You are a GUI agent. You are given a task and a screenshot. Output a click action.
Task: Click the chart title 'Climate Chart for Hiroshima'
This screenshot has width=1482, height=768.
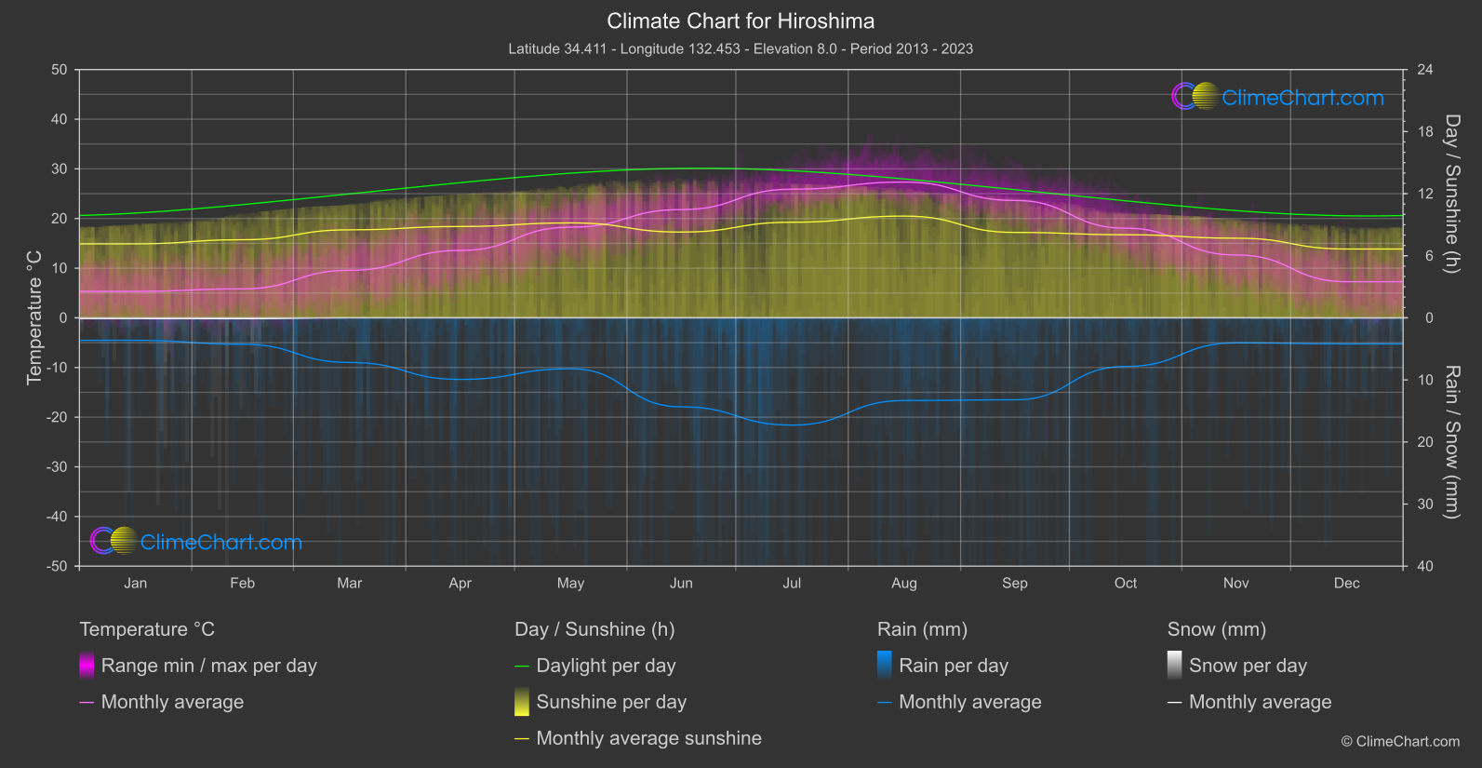tap(741, 20)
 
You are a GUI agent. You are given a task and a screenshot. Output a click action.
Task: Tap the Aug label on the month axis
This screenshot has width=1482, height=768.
tap(903, 583)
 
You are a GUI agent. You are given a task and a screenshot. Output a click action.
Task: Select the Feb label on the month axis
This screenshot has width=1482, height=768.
tap(242, 583)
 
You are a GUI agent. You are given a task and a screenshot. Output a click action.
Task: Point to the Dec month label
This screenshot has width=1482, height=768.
tap(1346, 583)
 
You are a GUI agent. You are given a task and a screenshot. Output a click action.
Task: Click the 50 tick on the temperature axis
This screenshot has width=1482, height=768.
tap(60, 70)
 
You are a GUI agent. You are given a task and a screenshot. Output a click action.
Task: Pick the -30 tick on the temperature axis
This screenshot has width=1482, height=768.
tap(57, 466)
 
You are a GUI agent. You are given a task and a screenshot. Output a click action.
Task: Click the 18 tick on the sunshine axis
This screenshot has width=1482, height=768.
tap(1425, 131)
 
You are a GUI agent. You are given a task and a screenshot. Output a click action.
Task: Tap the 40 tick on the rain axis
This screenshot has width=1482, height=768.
tap(1425, 566)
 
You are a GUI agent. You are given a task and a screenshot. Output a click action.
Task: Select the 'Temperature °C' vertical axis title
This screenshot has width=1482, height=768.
tap(34, 317)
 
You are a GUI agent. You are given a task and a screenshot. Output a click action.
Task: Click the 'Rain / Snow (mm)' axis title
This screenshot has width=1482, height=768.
tap(1451, 441)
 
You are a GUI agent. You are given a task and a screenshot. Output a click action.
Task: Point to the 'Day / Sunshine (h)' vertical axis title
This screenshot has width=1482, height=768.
tap(1451, 194)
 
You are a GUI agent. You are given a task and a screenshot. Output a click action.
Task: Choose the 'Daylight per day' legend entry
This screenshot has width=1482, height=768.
tap(606, 666)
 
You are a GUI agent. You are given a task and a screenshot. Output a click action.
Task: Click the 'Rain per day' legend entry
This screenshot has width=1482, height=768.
tap(953, 666)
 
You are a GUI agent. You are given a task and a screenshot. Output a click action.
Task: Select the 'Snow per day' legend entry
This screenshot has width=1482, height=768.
tap(1248, 666)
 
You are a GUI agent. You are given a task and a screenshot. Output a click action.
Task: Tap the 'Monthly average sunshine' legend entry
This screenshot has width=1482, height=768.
tap(648, 738)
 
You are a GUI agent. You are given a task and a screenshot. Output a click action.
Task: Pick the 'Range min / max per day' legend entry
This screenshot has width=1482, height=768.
tap(208, 666)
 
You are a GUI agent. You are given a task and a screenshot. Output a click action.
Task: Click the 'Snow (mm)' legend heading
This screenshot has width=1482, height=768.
tap(1216, 629)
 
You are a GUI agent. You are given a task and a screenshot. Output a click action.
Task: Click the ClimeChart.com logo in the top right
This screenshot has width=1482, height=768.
tap(1277, 97)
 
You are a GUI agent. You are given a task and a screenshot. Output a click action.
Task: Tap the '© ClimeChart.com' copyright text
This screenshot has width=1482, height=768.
tap(1400, 741)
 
